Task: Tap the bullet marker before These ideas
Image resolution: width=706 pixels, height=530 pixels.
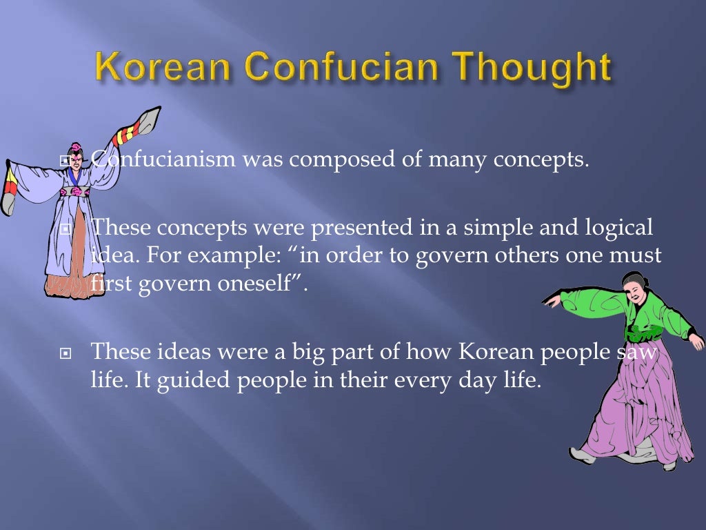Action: (66, 353)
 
